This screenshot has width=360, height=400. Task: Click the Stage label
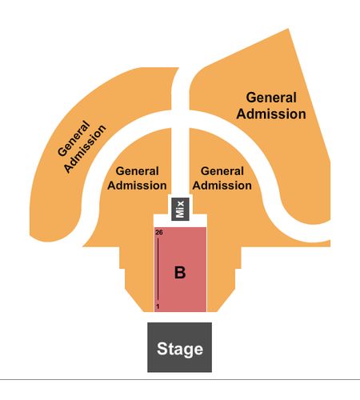tap(180, 349)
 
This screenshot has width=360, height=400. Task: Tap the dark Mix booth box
tap(180, 209)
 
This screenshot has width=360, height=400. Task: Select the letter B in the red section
tap(180, 273)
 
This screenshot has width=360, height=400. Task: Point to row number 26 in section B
tap(159, 233)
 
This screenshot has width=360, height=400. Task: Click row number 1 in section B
tap(158, 306)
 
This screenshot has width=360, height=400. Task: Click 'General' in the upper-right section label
tap(271, 98)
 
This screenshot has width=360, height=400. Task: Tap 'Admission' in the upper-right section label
tap(271, 114)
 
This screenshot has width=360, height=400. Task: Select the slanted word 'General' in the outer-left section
tap(74, 138)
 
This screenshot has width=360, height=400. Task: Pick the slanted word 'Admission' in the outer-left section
tap(85, 149)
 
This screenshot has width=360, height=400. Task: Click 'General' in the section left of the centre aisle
tap(138, 171)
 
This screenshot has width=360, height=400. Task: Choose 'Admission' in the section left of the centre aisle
tap(137, 186)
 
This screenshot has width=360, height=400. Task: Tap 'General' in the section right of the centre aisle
tap(222, 171)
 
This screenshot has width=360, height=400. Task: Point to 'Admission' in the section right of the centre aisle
tap(222, 186)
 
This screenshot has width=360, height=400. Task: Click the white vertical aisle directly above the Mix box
tap(180, 160)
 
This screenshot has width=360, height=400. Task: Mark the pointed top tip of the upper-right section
tap(288, 29)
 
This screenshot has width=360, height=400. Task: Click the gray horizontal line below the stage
tap(180, 379)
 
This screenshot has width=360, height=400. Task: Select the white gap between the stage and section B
tap(180, 317)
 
